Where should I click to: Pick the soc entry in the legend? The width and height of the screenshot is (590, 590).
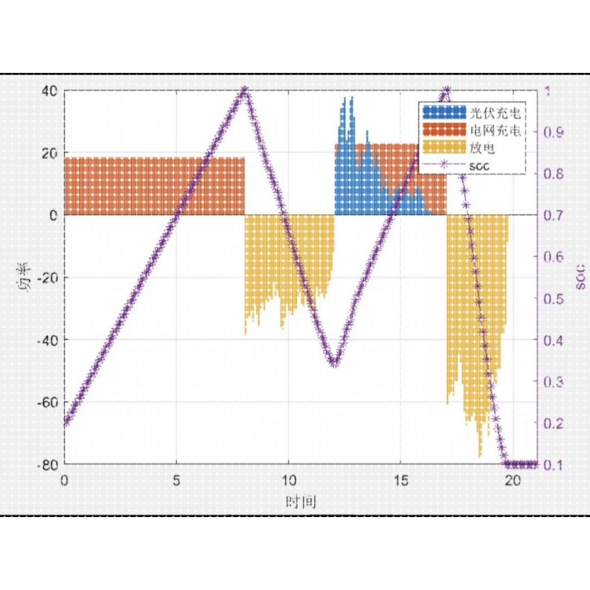click(x=478, y=165)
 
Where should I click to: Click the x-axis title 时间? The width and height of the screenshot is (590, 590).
click(x=300, y=501)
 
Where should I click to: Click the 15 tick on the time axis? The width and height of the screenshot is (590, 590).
click(x=400, y=480)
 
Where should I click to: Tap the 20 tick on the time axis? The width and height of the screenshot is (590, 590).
click(x=512, y=480)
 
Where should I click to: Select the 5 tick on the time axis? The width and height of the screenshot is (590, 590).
click(x=176, y=480)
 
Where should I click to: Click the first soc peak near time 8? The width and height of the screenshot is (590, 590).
click(x=244, y=90)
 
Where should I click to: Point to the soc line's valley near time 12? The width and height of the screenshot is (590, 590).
click(x=334, y=364)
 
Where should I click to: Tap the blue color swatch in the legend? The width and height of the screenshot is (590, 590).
click(x=444, y=113)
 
